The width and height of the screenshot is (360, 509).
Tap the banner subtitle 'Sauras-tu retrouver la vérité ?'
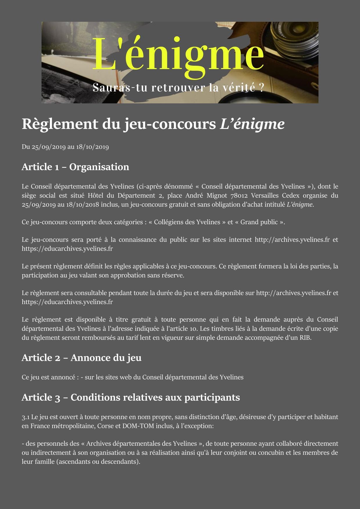click(x=178, y=87)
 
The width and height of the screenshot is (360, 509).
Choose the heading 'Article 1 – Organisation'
click(x=75, y=167)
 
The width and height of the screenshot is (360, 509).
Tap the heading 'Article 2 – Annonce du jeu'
click(x=81, y=358)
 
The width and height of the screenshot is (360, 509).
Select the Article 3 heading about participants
click(x=131, y=397)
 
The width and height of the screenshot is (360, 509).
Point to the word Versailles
click(x=266, y=195)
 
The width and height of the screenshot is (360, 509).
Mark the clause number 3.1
click(x=26, y=417)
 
